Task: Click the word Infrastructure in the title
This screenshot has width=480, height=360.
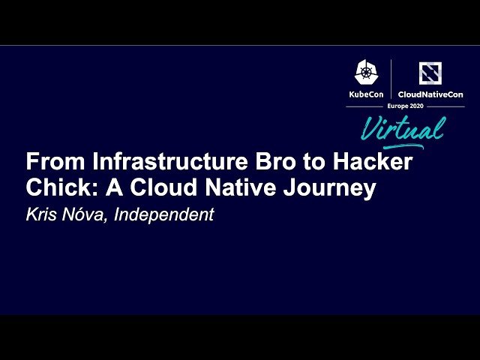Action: pos(149,162)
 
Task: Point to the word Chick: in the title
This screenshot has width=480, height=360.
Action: pos(57,188)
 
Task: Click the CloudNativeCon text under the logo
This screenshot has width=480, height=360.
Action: pos(430,94)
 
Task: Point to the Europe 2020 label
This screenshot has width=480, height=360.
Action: pos(405,106)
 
